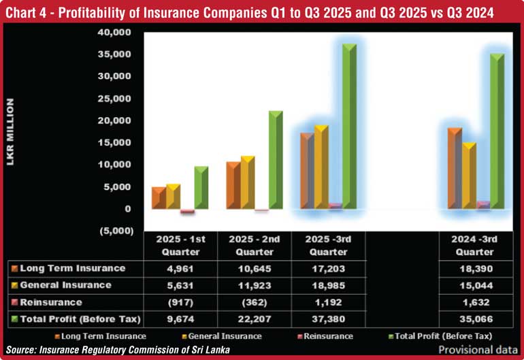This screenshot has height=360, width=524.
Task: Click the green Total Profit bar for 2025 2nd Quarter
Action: click(x=275, y=160)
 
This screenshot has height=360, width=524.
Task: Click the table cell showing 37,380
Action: click(x=327, y=319)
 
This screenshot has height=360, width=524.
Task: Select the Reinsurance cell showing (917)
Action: click(x=180, y=302)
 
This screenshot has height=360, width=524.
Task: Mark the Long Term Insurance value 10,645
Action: click(x=253, y=268)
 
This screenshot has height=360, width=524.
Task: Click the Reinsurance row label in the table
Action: click(x=52, y=302)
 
